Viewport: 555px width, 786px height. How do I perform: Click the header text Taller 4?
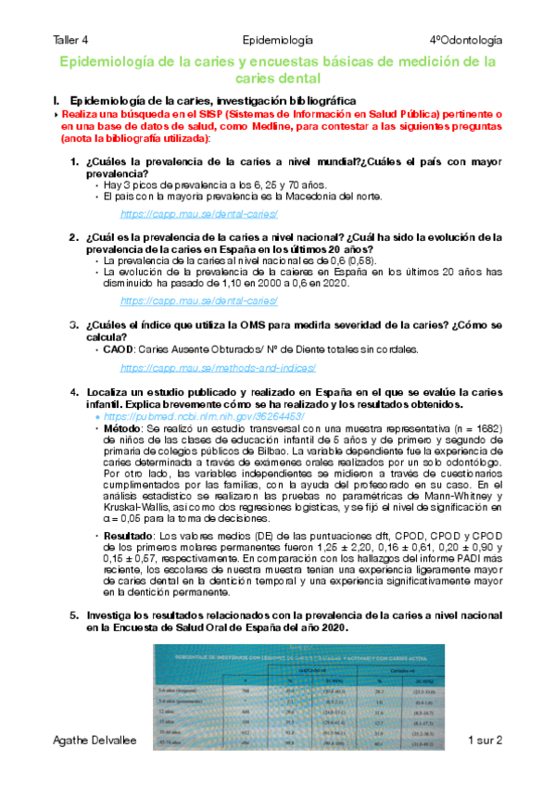click(71, 41)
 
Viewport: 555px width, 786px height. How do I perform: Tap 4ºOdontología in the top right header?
click(466, 41)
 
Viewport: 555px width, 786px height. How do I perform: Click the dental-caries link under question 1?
click(199, 213)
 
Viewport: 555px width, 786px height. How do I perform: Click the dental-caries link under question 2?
click(199, 300)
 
